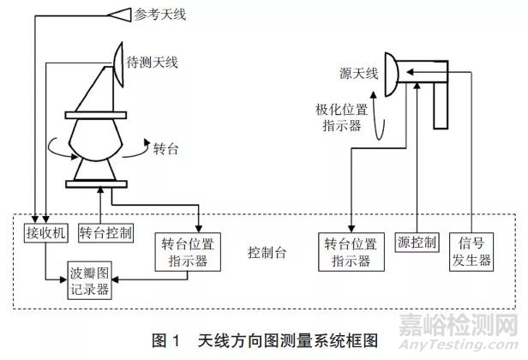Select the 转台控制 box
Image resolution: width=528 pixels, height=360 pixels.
(105, 232)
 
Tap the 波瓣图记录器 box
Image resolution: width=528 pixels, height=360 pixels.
(90, 280)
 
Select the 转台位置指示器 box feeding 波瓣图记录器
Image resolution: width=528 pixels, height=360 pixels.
(184, 251)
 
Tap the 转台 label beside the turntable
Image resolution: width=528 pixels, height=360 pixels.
(166, 147)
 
